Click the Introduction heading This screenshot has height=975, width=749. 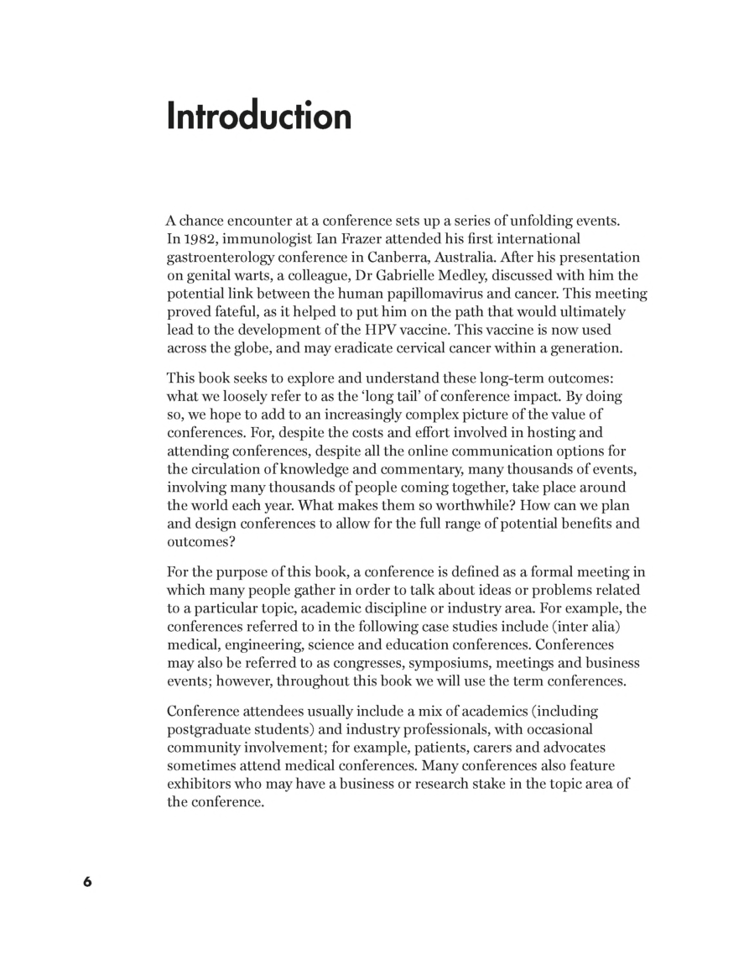point(259,116)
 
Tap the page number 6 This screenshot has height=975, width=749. point(87,882)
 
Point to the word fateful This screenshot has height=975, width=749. point(240,312)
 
